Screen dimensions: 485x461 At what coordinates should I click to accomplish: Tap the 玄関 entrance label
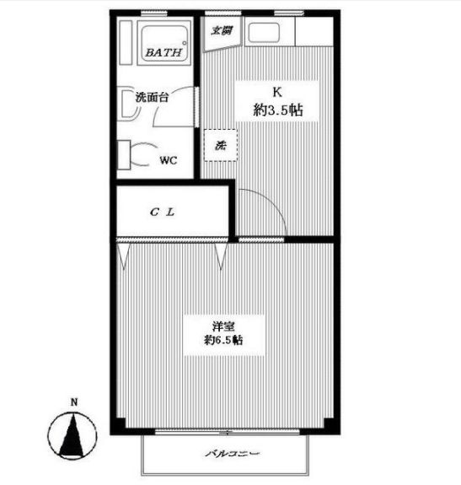pyautogui.click(x=221, y=31)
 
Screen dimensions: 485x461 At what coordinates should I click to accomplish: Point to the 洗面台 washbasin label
pyautogui.click(x=152, y=97)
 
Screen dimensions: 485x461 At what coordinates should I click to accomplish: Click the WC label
pyautogui.click(x=168, y=160)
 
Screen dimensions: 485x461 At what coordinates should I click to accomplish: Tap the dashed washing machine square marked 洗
pyautogui.click(x=221, y=145)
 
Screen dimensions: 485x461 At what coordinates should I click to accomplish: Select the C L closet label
pyautogui.click(x=163, y=212)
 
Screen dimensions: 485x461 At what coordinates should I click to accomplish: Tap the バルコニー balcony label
pyautogui.click(x=231, y=455)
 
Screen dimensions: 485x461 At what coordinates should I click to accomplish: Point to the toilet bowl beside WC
pyautogui.click(x=142, y=157)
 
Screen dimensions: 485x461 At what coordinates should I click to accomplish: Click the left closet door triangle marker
pyautogui.click(x=124, y=254)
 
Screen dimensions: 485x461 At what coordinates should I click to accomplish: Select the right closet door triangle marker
pyautogui.click(x=222, y=254)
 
